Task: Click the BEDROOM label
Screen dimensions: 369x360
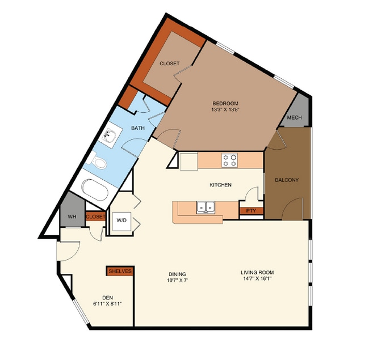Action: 225,103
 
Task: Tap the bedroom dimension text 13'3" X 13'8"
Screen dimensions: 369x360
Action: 225,109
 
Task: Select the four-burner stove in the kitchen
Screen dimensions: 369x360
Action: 229,160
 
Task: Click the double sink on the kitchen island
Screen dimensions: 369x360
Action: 206,207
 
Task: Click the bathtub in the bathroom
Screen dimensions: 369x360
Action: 95,190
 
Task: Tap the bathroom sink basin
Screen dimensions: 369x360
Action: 110,137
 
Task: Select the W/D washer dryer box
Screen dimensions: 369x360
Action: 121,221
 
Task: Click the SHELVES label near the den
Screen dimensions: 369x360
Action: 120,271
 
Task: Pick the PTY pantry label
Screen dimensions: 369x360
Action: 251,210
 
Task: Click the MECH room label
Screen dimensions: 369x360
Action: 294,117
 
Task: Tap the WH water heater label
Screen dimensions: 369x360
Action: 72,217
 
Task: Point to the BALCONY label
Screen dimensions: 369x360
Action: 287,180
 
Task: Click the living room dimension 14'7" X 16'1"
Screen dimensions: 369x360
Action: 257,279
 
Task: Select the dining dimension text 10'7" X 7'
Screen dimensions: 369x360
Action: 178,280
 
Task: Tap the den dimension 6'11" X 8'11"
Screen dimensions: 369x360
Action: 107,304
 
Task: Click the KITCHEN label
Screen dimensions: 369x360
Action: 220,185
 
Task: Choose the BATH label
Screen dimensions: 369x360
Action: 138,128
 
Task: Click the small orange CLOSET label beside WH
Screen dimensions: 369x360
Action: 95,217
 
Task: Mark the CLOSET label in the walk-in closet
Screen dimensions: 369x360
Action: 169,63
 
